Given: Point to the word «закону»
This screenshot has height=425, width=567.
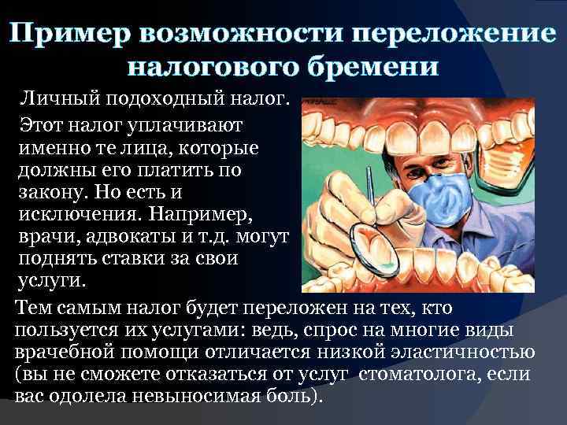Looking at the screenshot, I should (x=55, y=191).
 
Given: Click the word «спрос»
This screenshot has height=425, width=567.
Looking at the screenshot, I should (x=347, y=328).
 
